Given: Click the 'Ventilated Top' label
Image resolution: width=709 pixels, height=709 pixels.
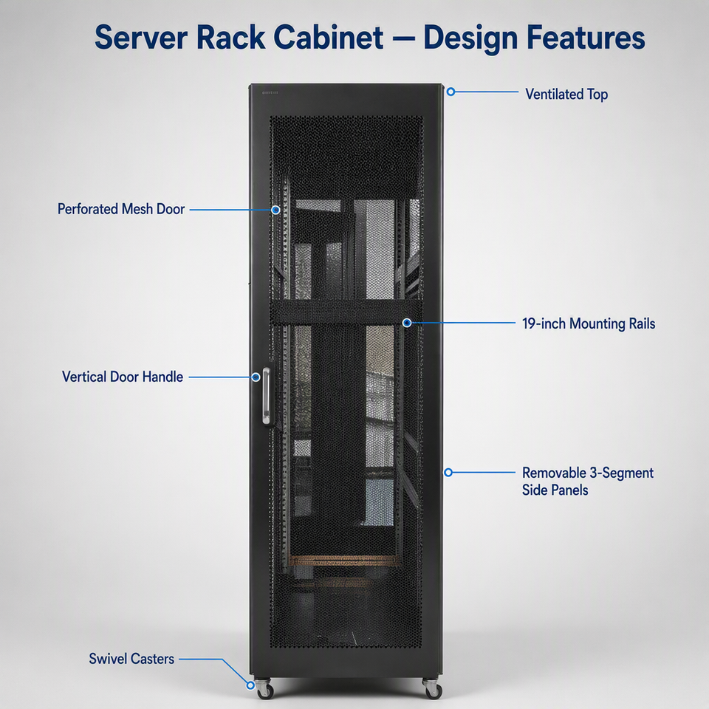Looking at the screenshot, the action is pos(566,94).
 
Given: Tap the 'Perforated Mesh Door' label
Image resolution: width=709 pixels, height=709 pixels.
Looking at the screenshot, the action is pos(121,209).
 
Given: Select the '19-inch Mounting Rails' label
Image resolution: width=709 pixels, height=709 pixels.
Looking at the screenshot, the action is pos(589,323).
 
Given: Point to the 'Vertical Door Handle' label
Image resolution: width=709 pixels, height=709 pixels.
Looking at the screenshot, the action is pos(123,377).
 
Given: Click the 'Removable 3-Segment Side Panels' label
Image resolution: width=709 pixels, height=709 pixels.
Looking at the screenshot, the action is pos(587,481).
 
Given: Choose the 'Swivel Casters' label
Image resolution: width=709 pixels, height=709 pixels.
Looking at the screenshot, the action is pos(131,659).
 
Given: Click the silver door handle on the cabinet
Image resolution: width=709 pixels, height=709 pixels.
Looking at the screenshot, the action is pos(267,396).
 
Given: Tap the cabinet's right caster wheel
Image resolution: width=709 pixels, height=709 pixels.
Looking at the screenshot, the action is pos(433,689).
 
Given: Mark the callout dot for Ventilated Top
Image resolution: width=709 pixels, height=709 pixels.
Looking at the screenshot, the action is pos(451,92).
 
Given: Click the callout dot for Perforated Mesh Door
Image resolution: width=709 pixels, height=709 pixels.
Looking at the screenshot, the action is pos(275,210).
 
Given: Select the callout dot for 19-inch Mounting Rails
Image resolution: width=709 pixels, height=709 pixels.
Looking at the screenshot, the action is pos(407,323).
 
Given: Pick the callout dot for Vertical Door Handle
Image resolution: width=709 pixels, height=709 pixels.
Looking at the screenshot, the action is pos(256,377).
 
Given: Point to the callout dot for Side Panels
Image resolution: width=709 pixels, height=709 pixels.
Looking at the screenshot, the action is pos(448,473).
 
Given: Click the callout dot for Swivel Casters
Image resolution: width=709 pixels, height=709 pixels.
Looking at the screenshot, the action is pos(250,685).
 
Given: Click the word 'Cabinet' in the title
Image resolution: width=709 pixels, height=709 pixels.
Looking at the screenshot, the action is pos(328,37).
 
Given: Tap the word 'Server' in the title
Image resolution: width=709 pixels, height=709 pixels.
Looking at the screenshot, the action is pos(141,37).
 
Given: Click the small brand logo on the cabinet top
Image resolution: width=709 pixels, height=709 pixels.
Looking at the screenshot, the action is pos(270,93).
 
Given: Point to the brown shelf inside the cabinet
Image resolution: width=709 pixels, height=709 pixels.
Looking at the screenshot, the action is pos(343,561).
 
